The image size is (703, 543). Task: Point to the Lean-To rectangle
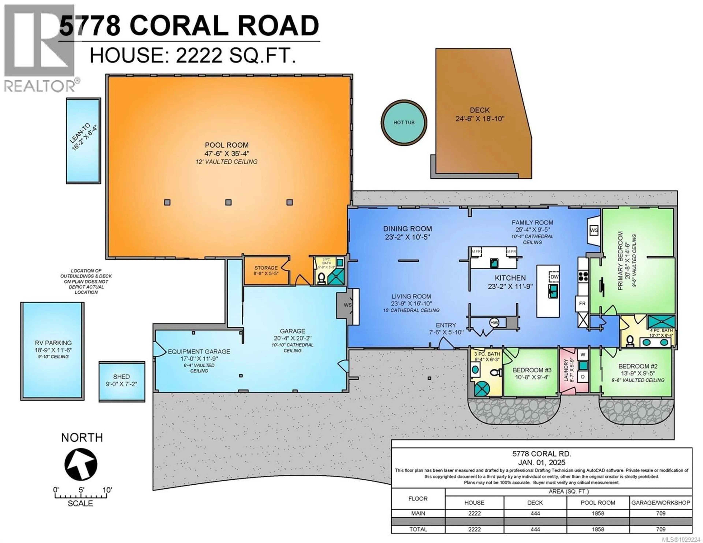[x=83, y=141]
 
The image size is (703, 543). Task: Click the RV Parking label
[x=53, y=343]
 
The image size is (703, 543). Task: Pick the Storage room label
[x=266, y=268]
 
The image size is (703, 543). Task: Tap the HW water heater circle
[x=494, y=322]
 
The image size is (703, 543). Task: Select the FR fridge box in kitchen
[x=582, y=303]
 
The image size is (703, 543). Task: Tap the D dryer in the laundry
[x=583, y=377]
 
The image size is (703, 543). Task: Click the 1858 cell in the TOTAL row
[x=598, y=529]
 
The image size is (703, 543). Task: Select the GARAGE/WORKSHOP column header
[x=661, y=502]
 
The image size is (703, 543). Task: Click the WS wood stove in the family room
[x=594, y=230]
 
